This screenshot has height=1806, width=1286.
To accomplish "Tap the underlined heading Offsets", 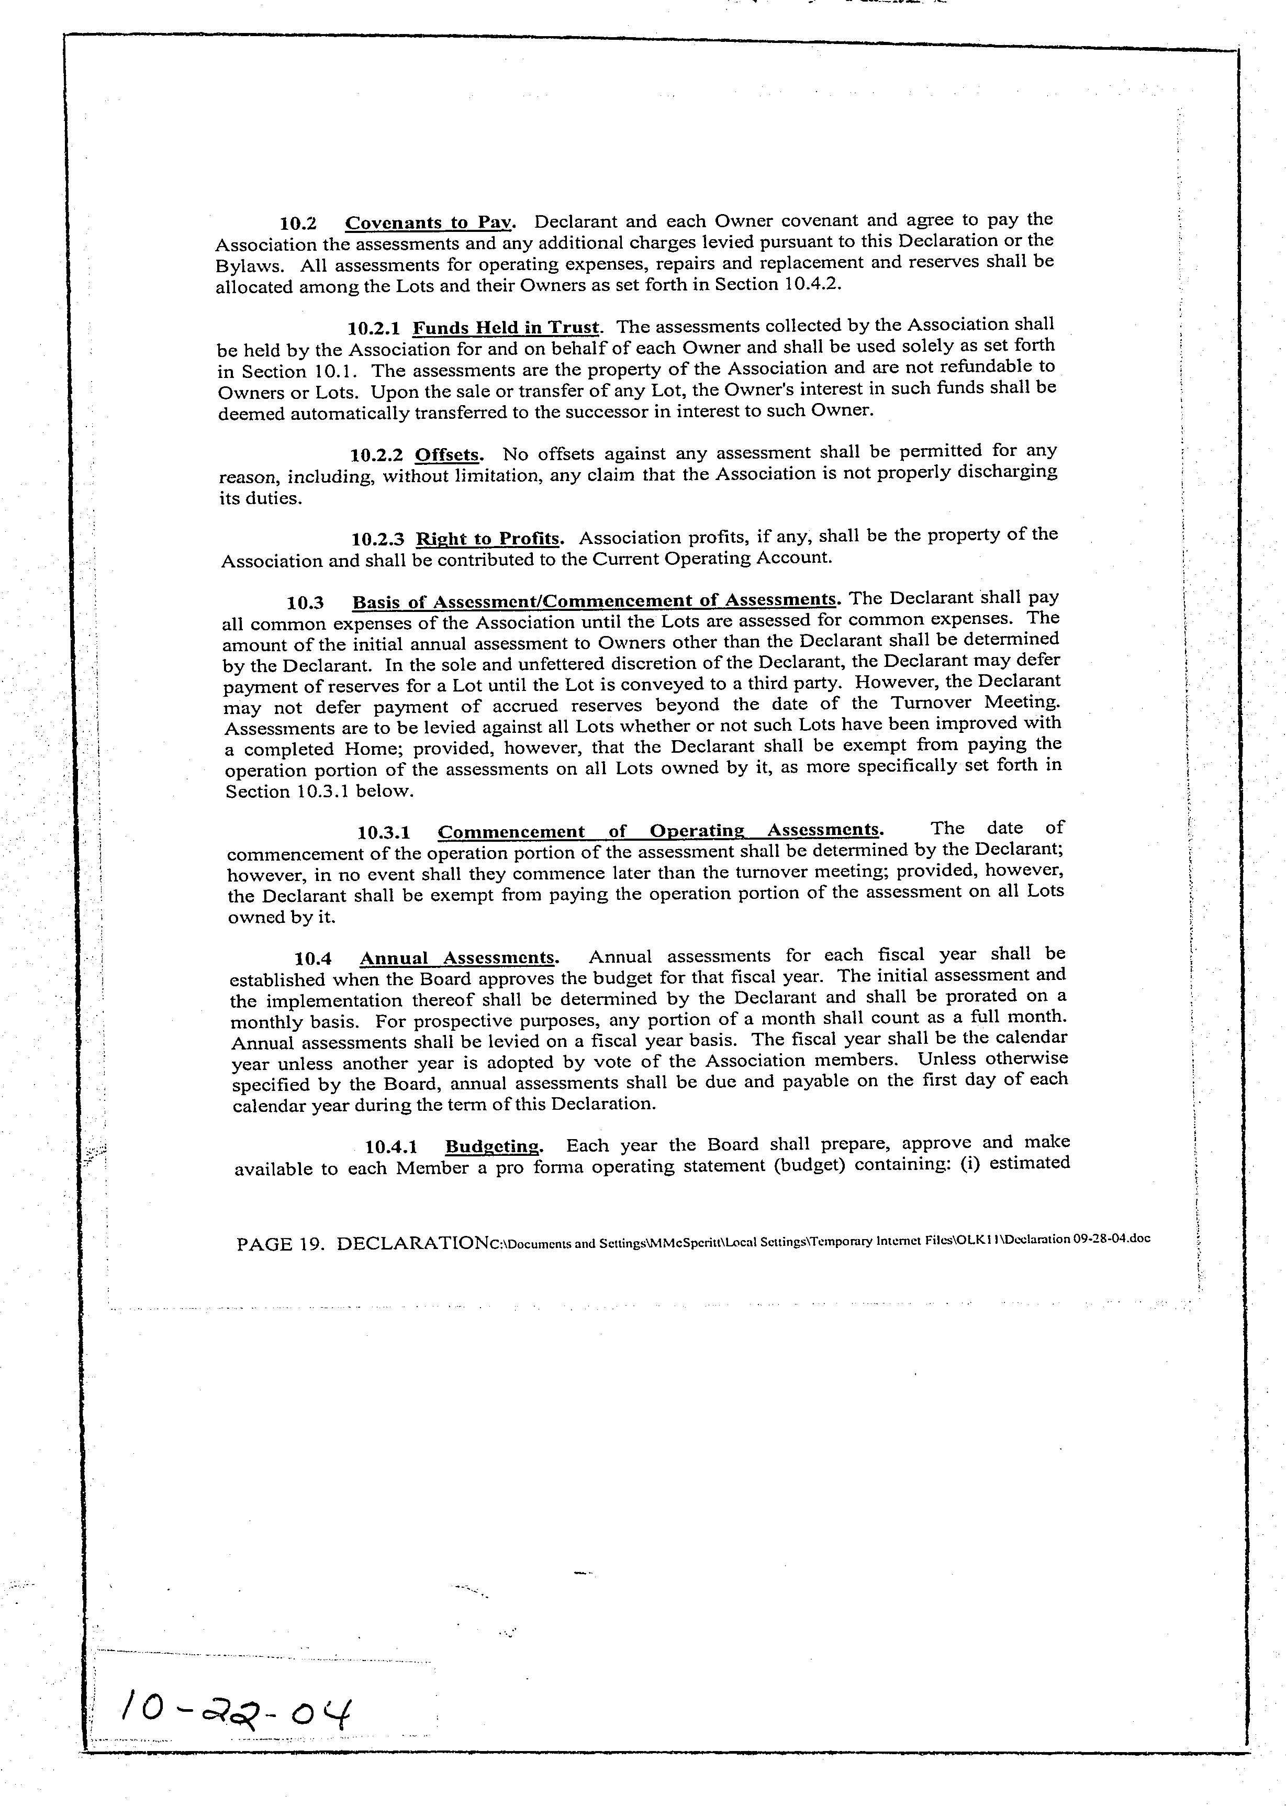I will [x=448, y=455].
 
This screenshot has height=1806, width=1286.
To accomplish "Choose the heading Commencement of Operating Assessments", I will [x=659, y=831].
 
